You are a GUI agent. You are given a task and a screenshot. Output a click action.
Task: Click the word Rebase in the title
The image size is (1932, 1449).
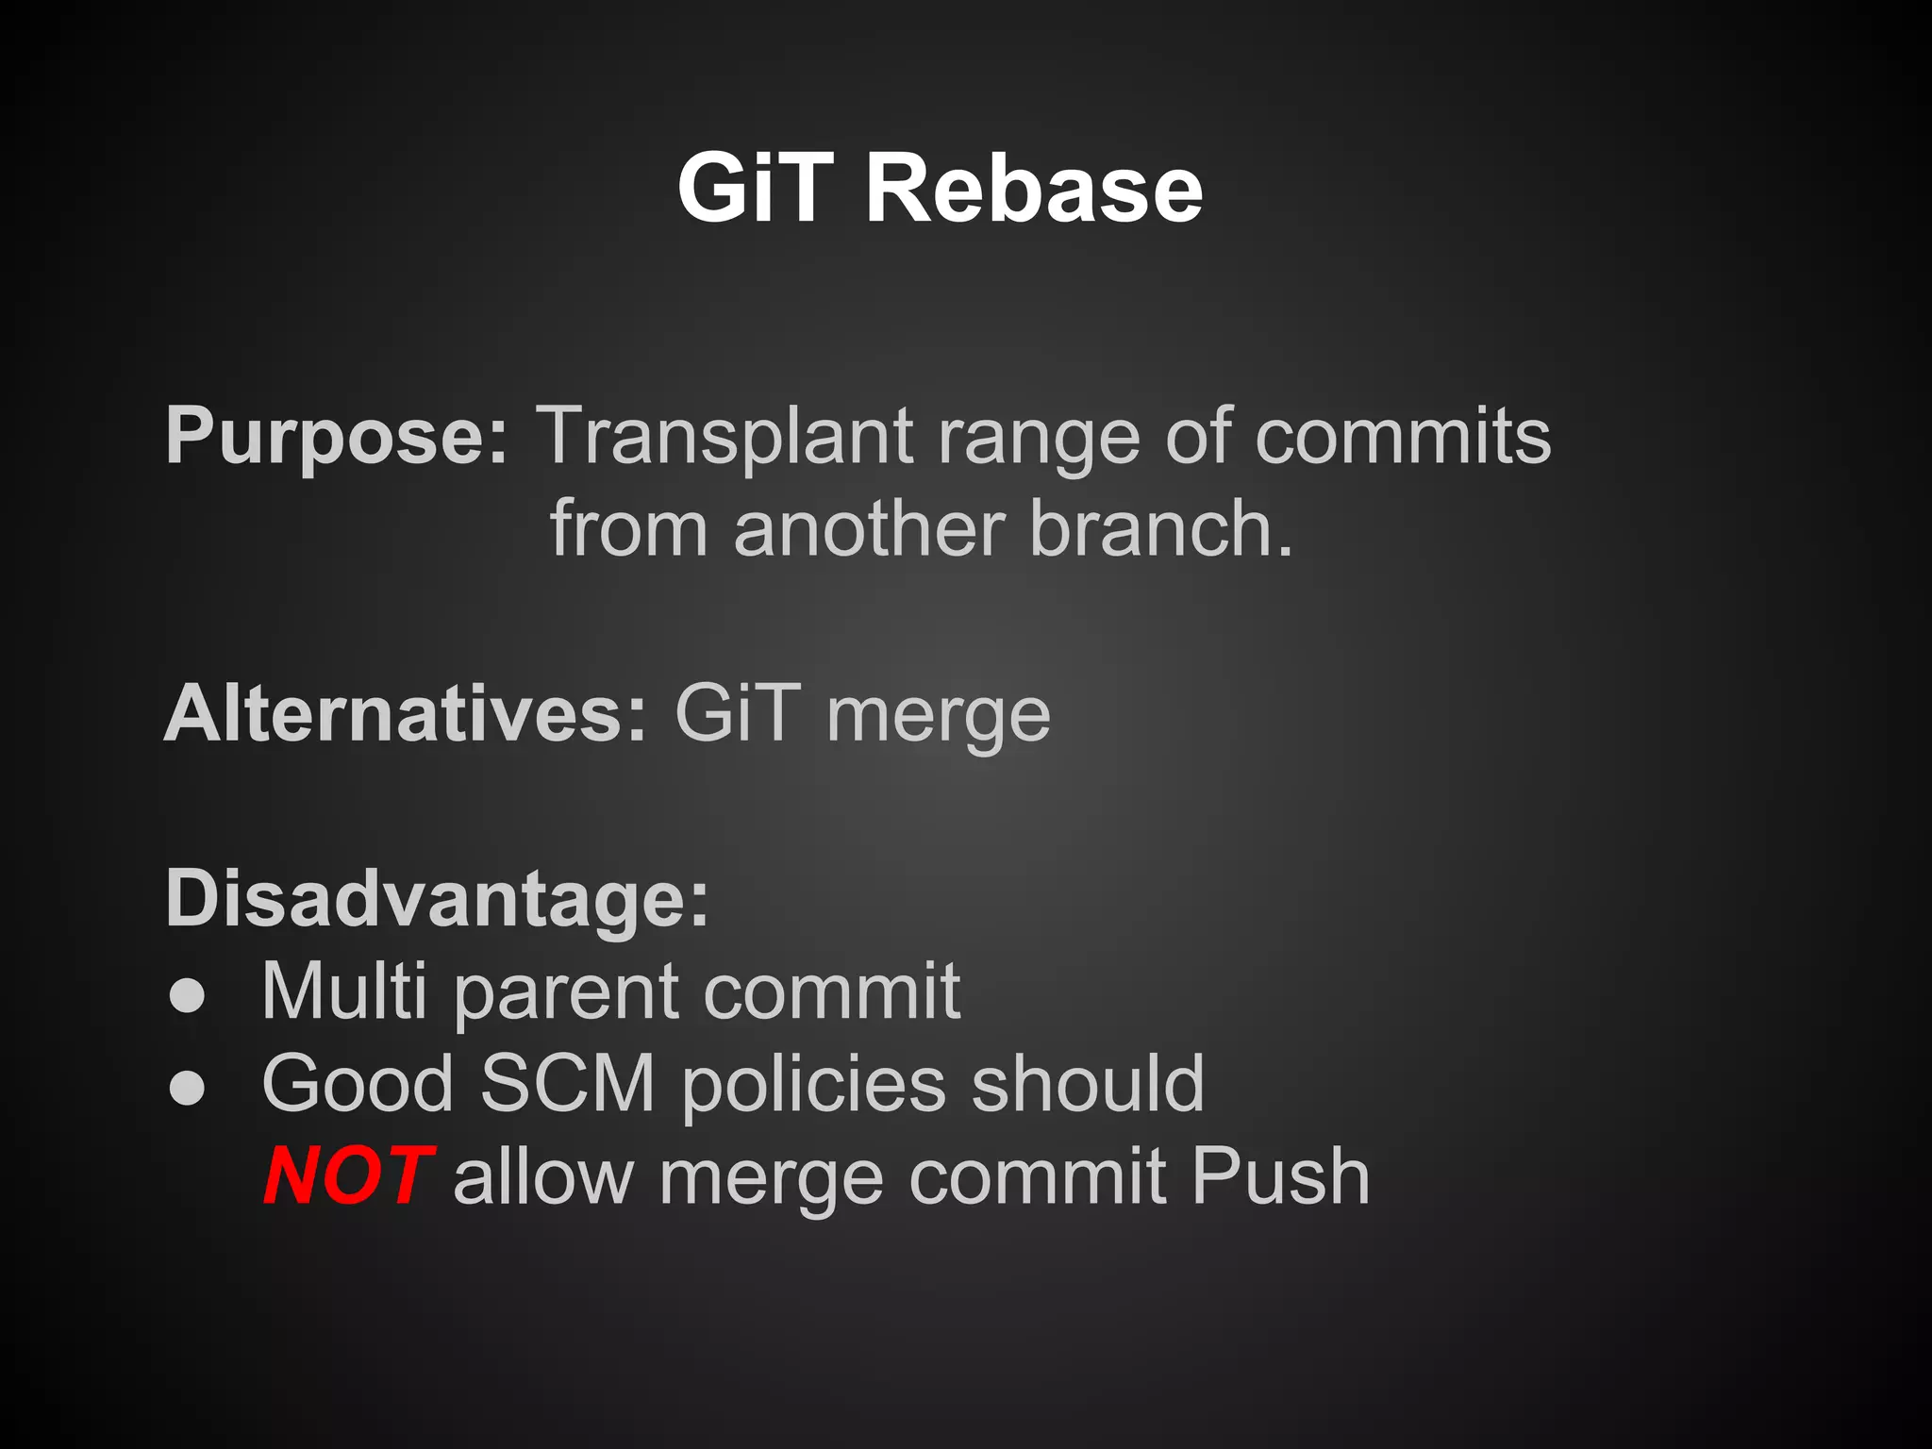(1033, 189)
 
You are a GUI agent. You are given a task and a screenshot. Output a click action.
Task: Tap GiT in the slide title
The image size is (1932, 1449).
(756, 189)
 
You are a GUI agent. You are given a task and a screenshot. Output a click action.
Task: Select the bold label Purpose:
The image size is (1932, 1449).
(337, 436)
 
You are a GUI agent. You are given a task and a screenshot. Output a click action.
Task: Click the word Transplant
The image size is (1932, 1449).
(724, 436)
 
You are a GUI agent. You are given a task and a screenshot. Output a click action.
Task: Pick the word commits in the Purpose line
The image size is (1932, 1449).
(1403, 436)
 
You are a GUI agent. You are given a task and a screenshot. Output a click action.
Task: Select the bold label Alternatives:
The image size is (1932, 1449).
(406, 714)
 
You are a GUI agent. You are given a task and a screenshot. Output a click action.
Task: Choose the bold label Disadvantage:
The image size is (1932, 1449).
(437, 899)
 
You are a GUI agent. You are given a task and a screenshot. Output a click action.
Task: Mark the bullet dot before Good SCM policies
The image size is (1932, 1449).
(187, 1088)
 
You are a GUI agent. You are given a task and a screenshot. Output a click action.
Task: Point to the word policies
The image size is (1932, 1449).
(813, 1085)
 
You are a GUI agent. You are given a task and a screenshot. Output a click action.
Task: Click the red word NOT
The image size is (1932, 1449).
(346, 1176)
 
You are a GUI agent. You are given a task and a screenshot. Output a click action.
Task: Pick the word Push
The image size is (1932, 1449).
(1280, 1176)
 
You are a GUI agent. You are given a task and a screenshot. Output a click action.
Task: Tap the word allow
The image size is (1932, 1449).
(543, 1176)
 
